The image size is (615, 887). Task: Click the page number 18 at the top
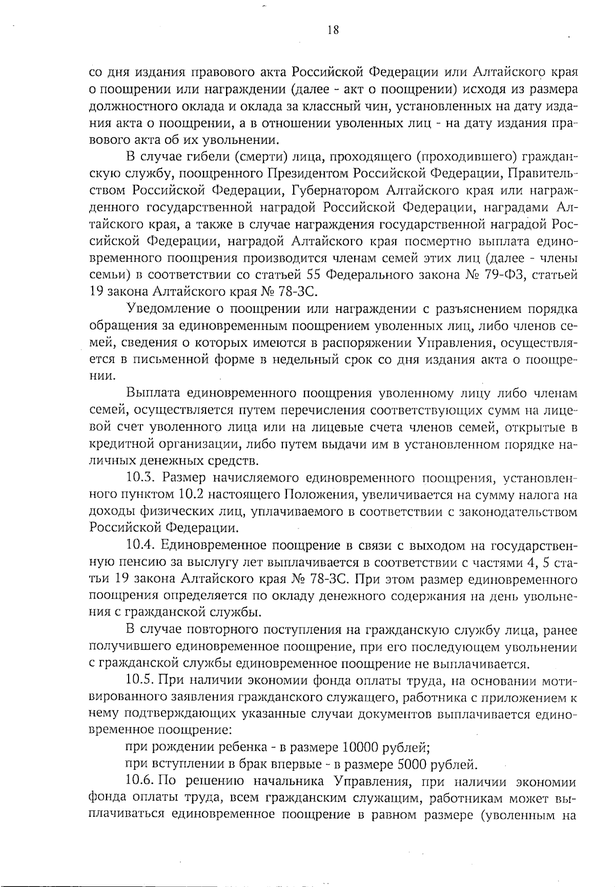(333, 30)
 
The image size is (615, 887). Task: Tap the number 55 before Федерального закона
(317, 275)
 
